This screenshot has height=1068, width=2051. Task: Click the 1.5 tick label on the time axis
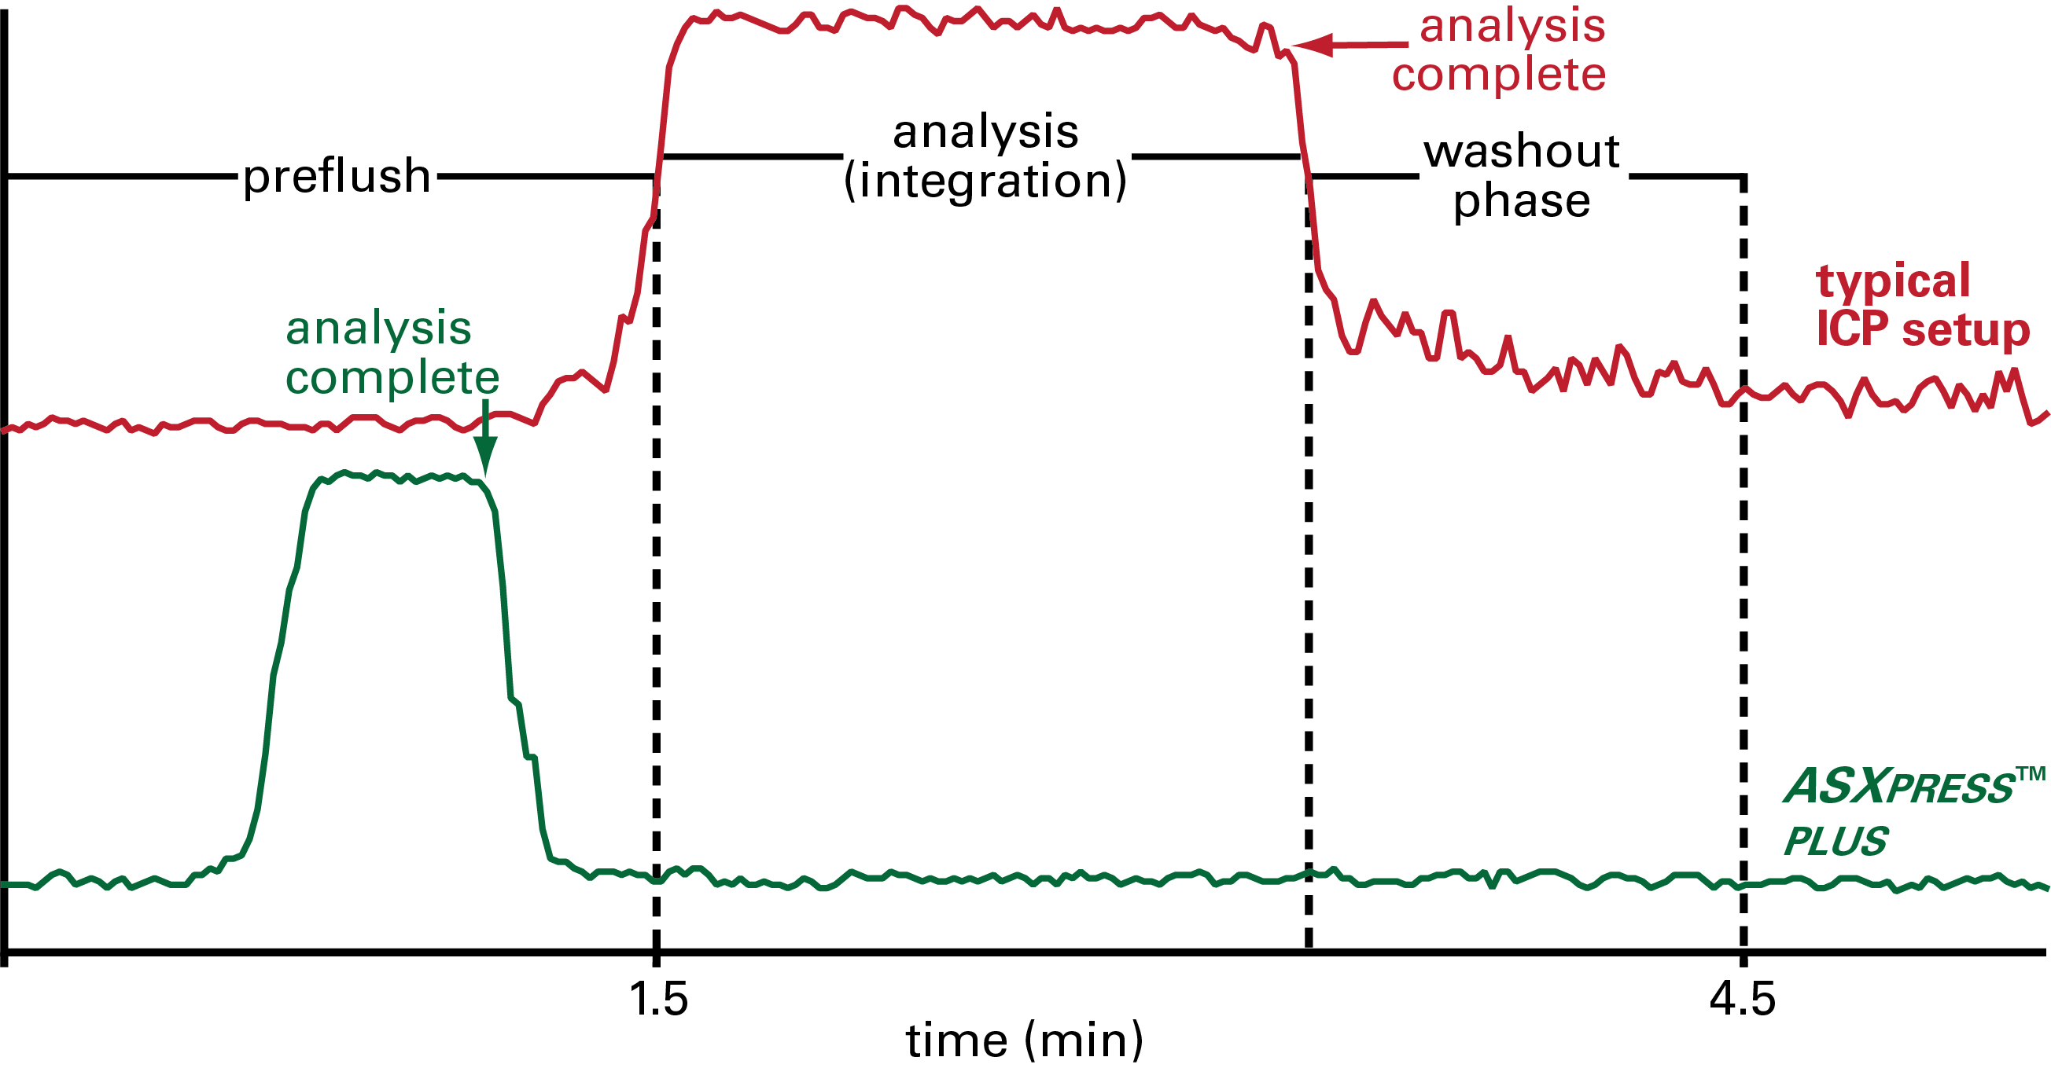(657, 999)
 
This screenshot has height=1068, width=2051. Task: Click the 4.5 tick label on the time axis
(1742, 999)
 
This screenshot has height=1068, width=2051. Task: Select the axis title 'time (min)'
(1025, 1040)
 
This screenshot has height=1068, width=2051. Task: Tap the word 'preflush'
(337, 176)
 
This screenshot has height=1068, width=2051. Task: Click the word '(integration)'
(985, 182)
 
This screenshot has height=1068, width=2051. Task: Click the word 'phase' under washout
(1522, 201)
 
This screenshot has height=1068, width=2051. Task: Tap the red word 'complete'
(1498, 75)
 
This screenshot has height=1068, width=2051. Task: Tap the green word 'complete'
(392, 377)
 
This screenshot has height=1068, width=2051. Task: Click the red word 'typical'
(1893, 281)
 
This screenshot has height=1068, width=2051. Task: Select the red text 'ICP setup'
(1922, 328)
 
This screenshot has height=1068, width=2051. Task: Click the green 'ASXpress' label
(1899, 787)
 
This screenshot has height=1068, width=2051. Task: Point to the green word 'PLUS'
(1836, 842)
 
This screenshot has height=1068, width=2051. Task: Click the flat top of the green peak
(398, 478)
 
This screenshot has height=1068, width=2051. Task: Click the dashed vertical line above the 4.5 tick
(1743, 557)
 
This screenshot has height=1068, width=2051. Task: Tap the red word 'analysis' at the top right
(1512, 26)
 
